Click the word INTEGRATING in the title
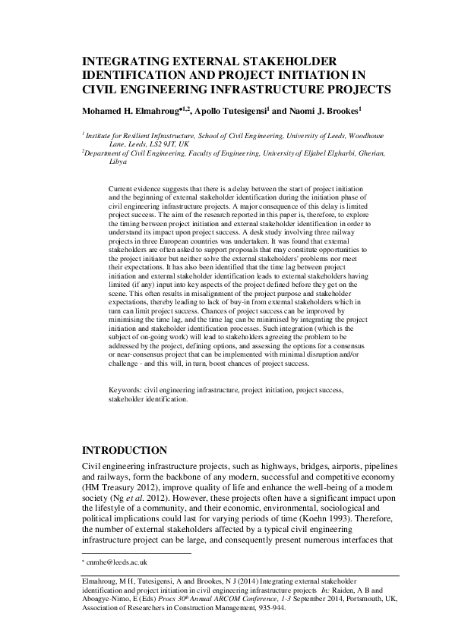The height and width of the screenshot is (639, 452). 126,61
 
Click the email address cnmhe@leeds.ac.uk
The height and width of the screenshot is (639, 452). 118,562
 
